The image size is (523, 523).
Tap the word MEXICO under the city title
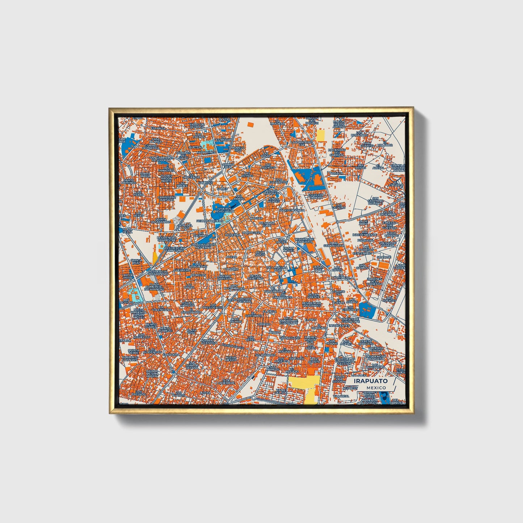[376, 388]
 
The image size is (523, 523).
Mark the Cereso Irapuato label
[366, 342]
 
